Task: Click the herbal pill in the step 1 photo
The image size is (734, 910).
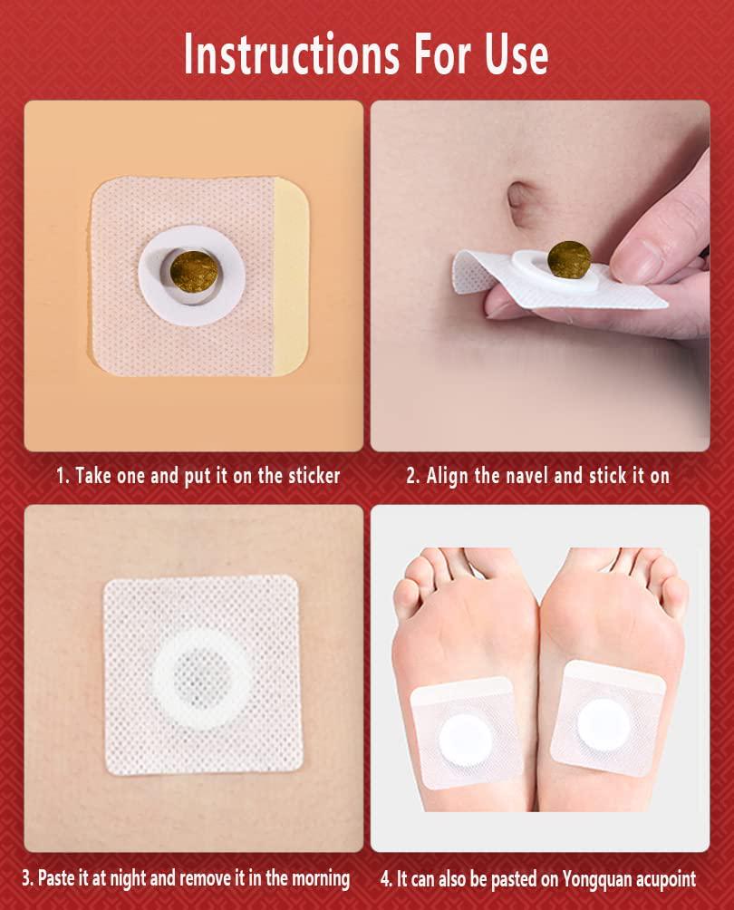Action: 195,270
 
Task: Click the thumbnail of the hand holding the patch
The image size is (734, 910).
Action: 637,258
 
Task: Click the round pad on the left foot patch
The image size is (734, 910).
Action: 466,740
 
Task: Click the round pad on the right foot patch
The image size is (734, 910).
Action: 604,724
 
